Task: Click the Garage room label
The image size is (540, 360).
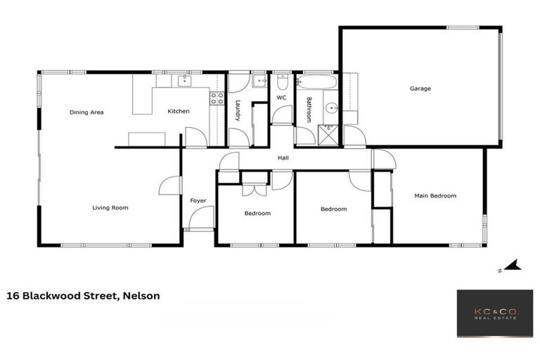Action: coord(420,89)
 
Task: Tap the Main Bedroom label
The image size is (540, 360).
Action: coord(435,195)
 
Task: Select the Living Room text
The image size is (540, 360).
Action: coord(110,207)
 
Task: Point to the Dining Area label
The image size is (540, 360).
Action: coord(86,112)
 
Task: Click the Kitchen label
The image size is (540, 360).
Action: coord(178,112)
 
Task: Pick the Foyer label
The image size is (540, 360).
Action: coord(198,201)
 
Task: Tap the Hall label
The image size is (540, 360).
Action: coord(283,157)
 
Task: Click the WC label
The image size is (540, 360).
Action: coord(281,98)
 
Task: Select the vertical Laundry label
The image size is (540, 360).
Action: coord(238,110)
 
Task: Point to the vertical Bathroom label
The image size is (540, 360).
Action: coord(308,110)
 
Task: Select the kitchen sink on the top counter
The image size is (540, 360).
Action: coord(184,81)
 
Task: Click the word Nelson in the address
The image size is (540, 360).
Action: coord(141,296)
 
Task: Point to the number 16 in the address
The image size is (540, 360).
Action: coord(13,296)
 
